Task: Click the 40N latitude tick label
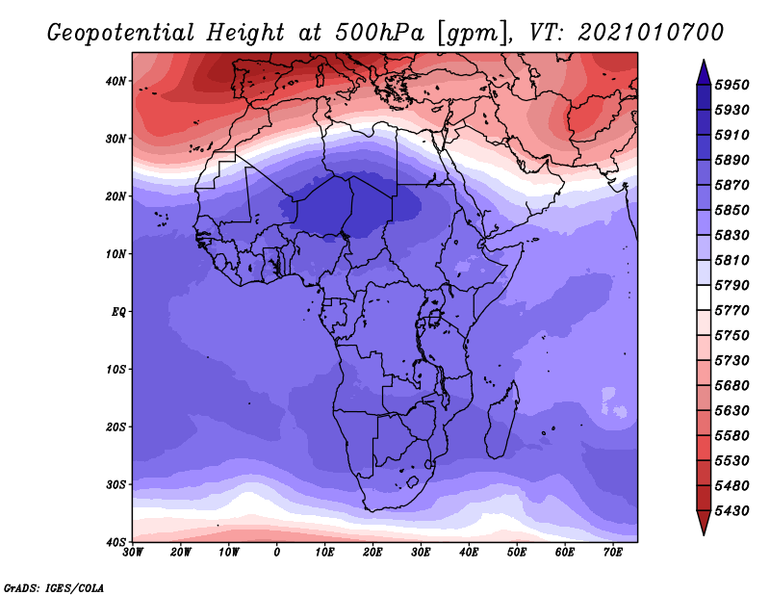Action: click(115, 81)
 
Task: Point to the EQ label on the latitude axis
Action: click(118, 312)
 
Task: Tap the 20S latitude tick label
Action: click(115, 427)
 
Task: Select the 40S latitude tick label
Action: click(115, 541)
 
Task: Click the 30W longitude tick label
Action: click(133, 553)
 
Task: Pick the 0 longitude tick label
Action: click(277, 553)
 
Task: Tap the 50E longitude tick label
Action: click(517, 553)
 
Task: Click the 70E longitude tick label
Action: click(613, 553)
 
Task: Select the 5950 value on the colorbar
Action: click(731, 85)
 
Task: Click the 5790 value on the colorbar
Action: click(731, 285)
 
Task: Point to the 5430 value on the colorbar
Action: click(731, 511)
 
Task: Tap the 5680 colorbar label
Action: click(731, 386)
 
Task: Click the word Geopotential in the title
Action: click(121, 33)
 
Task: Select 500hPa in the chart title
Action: click(379, 33)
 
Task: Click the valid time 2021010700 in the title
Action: click(651, 33)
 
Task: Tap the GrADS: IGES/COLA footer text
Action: click(54, 587)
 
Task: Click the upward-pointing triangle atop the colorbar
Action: click(704, 72)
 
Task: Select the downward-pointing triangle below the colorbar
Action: click(704, 523)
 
